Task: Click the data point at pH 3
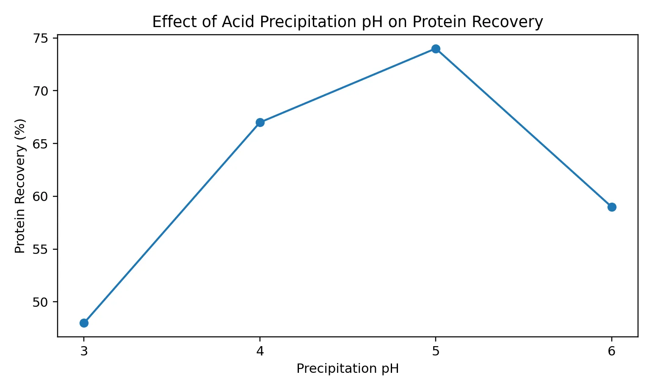pos(84,323)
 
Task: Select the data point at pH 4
pos(260,122)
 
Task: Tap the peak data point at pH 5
pos(436,49)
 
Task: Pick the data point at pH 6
pos(612,207)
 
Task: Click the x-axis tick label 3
pos(84,351)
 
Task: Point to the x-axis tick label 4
pos(260,351)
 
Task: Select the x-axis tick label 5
pos(436,351)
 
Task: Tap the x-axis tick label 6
pos(612,351)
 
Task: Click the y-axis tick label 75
pos(40,39)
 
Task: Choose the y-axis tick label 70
pos(40,91)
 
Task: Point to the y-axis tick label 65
pos(40,144)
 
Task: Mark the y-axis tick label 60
pos(40,197)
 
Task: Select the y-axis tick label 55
pos(40,249)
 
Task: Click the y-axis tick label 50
pos(40,302)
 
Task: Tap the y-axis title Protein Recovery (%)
pos(20,186)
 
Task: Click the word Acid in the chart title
pos(238,22)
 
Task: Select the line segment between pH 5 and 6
pos(524,128)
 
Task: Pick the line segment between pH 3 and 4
pos(172,223)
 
